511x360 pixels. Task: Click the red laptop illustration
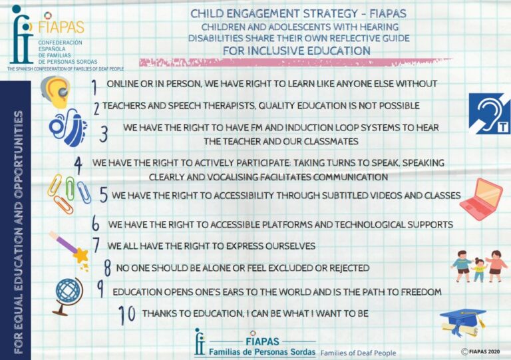pyautogui.click(x=481, y=199)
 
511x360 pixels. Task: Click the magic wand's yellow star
pyautogui.click(x=81, y=256)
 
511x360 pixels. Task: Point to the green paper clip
pyautogui.click(x=70, y=188)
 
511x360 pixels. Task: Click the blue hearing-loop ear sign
pyautogui.click(x=490, y=114)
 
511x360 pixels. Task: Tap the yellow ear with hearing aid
pyautogui.click(x=56, y=92)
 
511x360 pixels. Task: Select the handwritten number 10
pyautogui.click(x=127, y=315)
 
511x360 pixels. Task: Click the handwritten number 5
pyautogui.click(x=104, y=195)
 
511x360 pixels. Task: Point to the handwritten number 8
pyautogui.click(x=107, y=268)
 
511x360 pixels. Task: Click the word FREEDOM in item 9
pyautogui.click(x=421, y=292)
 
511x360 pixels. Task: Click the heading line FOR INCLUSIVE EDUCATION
pyautogui.click(x=297, y=51)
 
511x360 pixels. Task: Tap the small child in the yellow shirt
pyautogui.click(x=479, y=269)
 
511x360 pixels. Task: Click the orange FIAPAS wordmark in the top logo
pyautogui.click(x=61, y=27)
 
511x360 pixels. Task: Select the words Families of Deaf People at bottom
pyautogui.click(x=358, y=353)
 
